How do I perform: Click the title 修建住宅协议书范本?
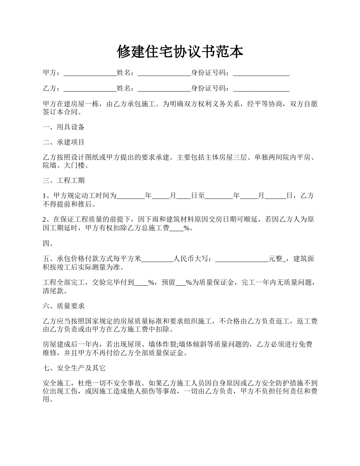tap(180, 52)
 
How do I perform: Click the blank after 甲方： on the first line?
tap(90, 73)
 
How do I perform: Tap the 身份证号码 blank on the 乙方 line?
tap(261, 89)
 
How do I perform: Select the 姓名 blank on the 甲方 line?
tap(164, 73)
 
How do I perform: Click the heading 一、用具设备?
tap(64, 127)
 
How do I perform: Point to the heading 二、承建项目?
tap(64, 142)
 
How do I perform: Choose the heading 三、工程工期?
tap(64, 180)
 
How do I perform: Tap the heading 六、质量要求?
tap(64, 306)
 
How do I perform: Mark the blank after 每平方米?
tap(157, 259)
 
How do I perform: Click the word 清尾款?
tap(56, 292)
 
